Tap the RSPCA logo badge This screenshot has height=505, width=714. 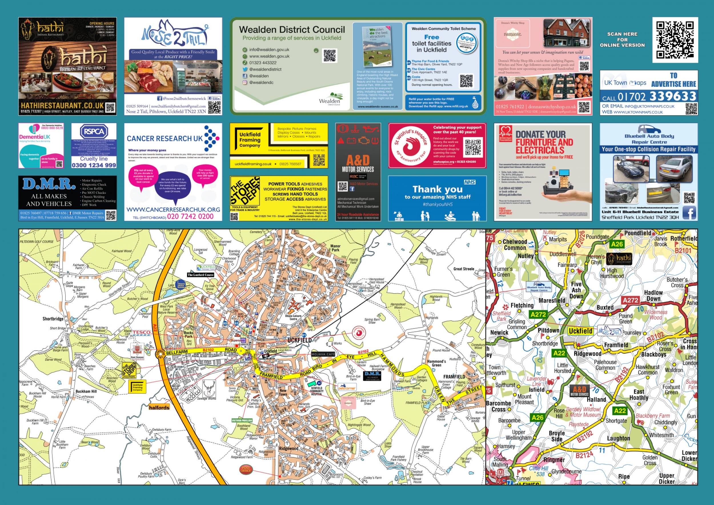pos(94,132)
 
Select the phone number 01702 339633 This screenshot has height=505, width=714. pos(657,97)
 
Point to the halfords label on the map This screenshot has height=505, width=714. pos(159,408)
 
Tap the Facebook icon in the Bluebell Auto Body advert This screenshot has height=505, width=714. pos(689,213)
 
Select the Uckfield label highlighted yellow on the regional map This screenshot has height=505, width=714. pos(580,331)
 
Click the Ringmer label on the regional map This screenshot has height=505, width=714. pos(554,460)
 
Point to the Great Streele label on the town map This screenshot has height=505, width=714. pos(464,269)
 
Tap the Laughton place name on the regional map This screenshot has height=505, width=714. pos(619,438)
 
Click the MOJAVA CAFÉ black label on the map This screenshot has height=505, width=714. pos(323,354)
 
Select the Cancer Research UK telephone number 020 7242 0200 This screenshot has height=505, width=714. pos(190,216)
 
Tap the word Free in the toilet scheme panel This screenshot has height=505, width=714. pos(432,37)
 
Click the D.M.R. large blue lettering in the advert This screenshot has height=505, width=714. pos(49,184)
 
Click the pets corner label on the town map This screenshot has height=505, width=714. pos(347,388)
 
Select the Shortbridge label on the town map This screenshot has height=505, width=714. pos(53,319)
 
